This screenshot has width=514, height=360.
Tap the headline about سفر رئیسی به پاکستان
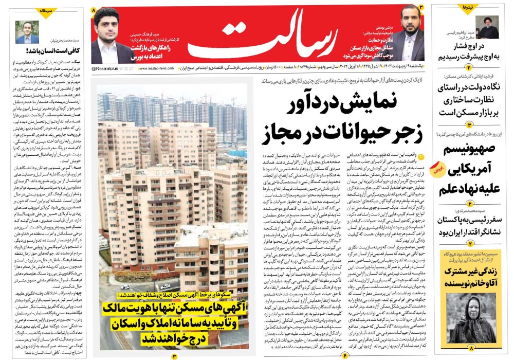click(x=469, y=226)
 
